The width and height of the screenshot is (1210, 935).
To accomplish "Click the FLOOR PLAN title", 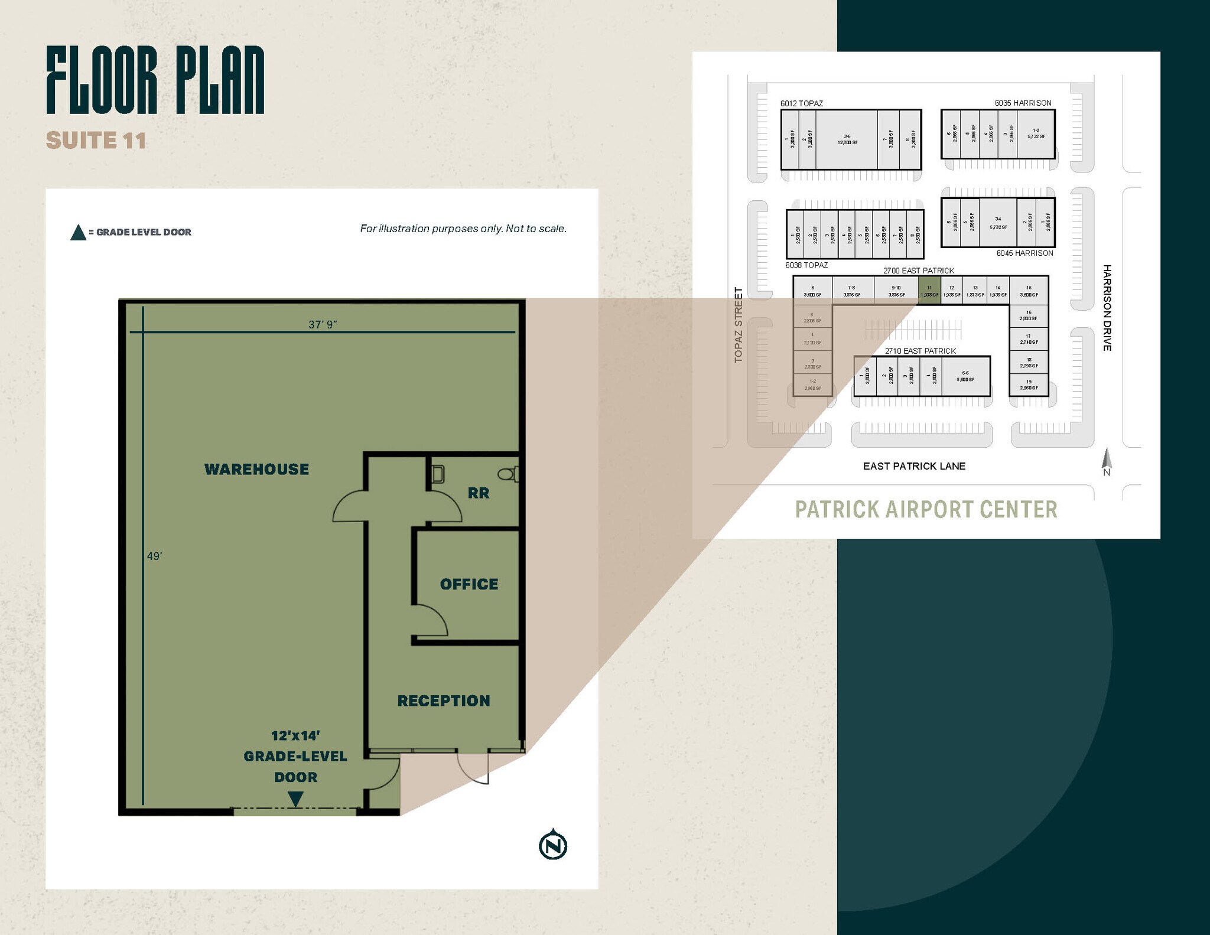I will (155, 80).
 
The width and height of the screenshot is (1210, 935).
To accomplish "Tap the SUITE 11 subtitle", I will (96, 141).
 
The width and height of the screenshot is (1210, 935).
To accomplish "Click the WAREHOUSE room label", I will (256, 470).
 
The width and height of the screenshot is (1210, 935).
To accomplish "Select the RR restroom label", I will (478, 493).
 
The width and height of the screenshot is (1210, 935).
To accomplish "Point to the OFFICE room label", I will (469, 584).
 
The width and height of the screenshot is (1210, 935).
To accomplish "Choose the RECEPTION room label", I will (444, 701).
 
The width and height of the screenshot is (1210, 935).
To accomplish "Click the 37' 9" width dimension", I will (323, 324).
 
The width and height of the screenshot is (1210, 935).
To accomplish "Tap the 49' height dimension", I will (154, 556).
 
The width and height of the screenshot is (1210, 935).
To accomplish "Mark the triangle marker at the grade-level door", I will (295, 799).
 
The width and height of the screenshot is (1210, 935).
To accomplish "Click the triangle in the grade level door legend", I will (78, 233).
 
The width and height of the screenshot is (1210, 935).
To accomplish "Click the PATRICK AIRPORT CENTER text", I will (926, 510).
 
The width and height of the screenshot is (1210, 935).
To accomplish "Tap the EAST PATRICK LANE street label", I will (914, 466).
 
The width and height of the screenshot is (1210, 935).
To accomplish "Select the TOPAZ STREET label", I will (739, 325).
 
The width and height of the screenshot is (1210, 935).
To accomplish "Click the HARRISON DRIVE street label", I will (1107, 308).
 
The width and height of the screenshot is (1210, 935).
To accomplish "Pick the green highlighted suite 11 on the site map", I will (929, 291).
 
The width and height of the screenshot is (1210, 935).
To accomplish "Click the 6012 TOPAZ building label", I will (801, 103).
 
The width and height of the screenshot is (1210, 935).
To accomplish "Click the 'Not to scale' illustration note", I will (463, 229).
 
